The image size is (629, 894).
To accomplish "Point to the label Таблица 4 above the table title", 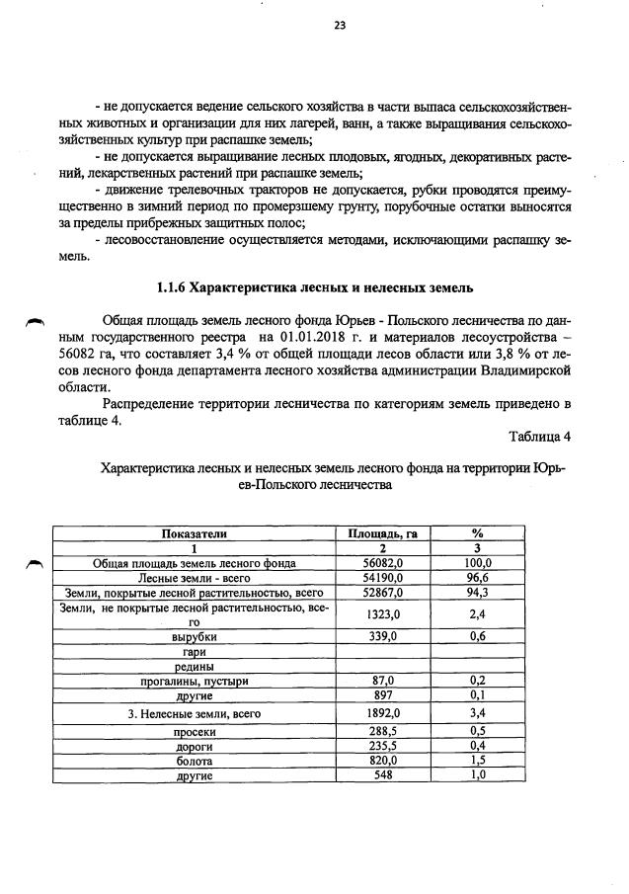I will tap(540, 436).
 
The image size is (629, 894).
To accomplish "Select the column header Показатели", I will tap(195, 533).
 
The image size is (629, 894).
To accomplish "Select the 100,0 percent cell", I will tap(477, 562).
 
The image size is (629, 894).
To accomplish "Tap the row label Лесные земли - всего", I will tap(195, 577).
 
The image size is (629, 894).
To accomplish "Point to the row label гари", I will tap(195, 652).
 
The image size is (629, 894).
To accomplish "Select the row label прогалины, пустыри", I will tap(195, 681).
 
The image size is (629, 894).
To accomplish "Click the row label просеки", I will tap(195, 732).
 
